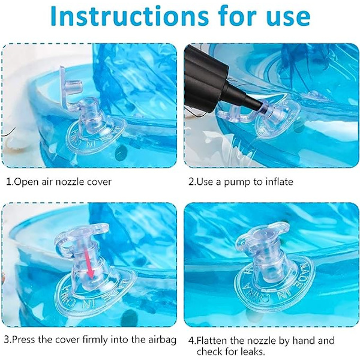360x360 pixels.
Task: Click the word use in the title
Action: coord(289,18)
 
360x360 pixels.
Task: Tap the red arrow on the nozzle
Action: coord(89,263)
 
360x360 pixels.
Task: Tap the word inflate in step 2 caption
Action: coord(279,182)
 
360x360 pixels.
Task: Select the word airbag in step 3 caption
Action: coord(163,340)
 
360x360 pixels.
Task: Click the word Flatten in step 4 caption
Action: coord(212,340)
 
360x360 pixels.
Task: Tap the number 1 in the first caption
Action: coord(8,182)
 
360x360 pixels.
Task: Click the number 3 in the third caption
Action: coord(7,340)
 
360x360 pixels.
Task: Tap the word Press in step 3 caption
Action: coord(23,340)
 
